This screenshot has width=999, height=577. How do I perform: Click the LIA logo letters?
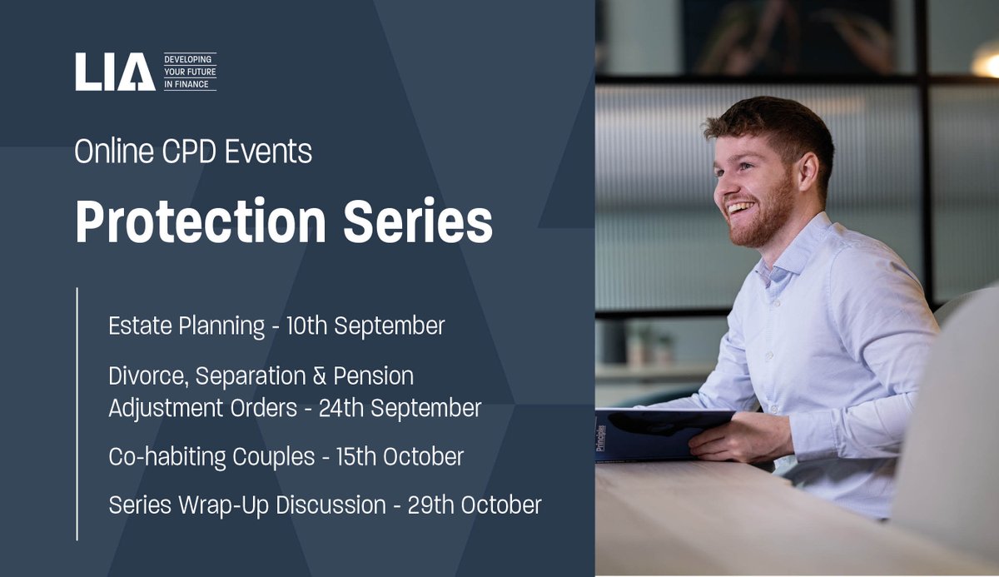coord(115,72)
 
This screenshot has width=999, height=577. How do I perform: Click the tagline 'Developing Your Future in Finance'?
coord(190,72)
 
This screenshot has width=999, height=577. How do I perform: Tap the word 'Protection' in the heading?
coord(199,222)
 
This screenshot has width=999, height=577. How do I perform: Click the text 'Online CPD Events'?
coord(193,152)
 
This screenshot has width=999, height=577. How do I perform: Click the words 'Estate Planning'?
coord(186,326)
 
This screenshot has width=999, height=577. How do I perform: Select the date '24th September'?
coord(400,409)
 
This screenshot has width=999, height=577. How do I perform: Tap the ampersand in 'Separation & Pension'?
coord(317,376)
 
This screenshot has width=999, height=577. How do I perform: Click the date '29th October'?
coord(475,505)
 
